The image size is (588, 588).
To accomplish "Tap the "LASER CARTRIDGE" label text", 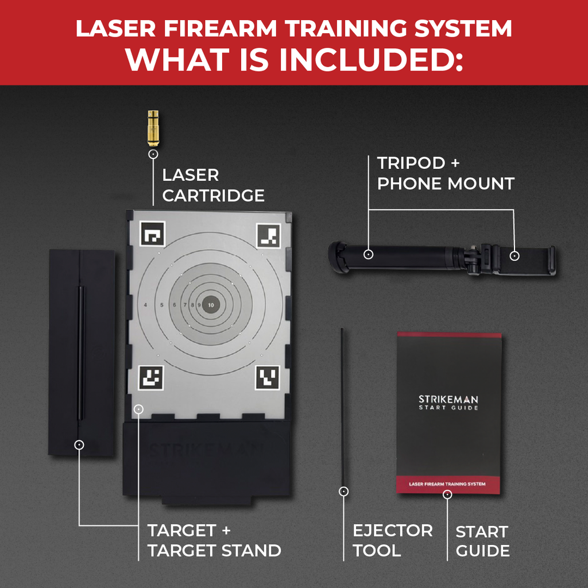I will [x=213, y=185].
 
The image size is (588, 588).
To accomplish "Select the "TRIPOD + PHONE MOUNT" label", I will [x=445, y=173].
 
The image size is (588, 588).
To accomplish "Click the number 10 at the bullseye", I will [x=212, y=304].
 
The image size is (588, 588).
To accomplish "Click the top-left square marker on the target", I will [x=152, y=235].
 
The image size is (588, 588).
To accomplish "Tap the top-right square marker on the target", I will [x=268, y=235].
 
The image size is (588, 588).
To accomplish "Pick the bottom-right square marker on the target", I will [x=268, y=378].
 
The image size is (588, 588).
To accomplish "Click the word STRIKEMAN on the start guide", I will [x=448, y=399].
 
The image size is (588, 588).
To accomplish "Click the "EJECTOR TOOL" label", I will [x=392, y=540].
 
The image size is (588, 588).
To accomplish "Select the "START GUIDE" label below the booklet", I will [x=482, y=541].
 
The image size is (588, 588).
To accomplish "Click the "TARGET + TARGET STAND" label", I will [x=214, y=540].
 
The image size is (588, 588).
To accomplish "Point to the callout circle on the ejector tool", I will [x=343, y=491].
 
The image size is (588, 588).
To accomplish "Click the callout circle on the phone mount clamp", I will [x=514, y=255].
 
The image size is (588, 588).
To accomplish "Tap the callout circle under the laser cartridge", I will [x=153, y=154].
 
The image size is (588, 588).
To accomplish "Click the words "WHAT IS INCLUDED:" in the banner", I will [x=294, y=60].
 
